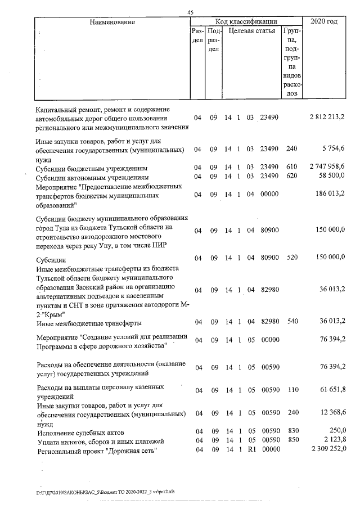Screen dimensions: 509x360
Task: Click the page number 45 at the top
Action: point(190,13)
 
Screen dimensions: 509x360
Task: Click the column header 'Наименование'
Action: point(112,22)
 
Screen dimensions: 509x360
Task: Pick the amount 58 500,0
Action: point(331,177)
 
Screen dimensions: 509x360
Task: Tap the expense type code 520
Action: point(291,258)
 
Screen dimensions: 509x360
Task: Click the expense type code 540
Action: point(291,322)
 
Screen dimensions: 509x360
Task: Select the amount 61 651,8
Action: point(331,390)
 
